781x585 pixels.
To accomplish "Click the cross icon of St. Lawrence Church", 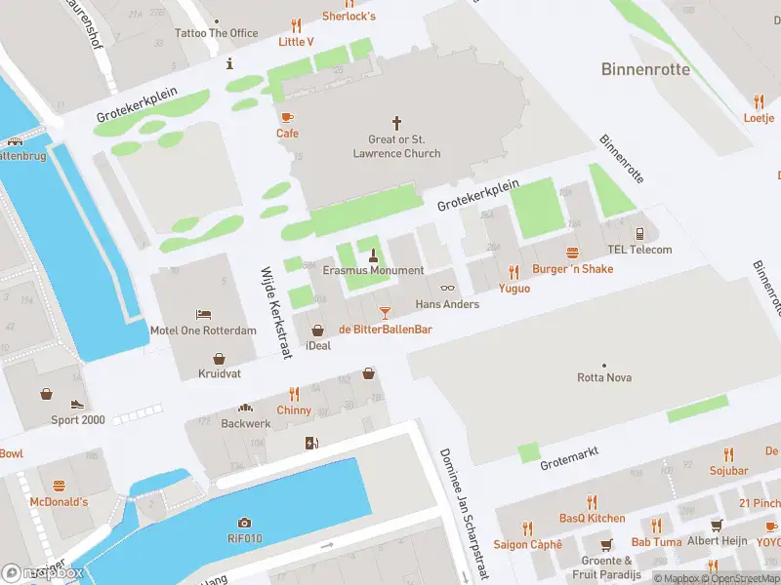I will (x=396, y=123).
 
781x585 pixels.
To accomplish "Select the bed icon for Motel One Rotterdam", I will (x=203, y=313).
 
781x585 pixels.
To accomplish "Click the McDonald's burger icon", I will (x=59, y=485).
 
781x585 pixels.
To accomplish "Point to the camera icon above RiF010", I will (x=244, y=523).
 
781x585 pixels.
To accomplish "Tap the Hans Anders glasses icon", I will (x=448, y=287).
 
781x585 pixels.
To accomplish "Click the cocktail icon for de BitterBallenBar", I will (x=385, y=312).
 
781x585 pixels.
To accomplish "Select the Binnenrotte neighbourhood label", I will (x=645, y=69).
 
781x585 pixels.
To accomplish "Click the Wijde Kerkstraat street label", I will (x=274, y=313).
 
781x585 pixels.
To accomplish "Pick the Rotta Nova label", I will (x=604, y=377).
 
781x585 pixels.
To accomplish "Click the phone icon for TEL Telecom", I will (x=639, y=233).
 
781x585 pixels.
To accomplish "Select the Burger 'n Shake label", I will (x=572, y=268).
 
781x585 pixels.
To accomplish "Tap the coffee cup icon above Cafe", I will (x=287, y=117).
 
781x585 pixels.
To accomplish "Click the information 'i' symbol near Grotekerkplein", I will (x=229, y=64).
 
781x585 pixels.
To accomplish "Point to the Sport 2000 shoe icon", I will (x=77, y=404).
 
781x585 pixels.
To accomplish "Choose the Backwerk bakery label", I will (x=246, y=424).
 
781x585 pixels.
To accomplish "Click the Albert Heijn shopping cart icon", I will (x=718, y=525).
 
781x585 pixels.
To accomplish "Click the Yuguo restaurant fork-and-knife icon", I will (x=514, y=272).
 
